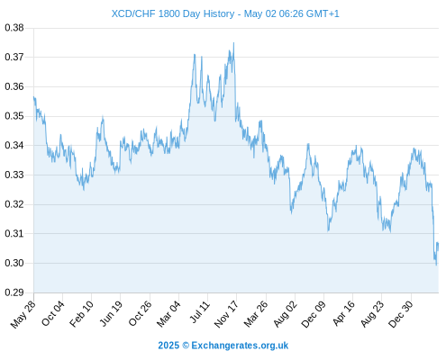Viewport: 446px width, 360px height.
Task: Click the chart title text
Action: (x=225, y=13)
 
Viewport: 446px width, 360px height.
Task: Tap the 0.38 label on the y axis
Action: (x=14, y=28)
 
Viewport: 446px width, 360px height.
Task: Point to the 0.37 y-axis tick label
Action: (x=14, y=57)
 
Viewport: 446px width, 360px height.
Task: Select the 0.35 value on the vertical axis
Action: (x=14, y=116)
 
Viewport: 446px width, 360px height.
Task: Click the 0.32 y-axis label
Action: (x=14, y=204)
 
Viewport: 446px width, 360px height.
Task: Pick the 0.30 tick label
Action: (x=14, y=263)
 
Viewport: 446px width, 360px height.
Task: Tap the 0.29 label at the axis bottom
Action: (x=14, y=292)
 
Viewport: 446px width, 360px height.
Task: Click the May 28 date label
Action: (x=23, y=314)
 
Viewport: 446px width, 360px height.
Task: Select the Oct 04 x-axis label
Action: (x=53, y=313)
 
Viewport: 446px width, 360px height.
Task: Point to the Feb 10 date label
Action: (x=81, y=314)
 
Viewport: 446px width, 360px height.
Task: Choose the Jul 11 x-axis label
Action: (x=199, y=312)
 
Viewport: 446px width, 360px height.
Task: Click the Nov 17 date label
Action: (x=226, y=314)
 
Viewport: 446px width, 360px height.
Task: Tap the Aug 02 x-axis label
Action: (x=286, y=314)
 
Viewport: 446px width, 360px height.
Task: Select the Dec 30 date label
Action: (x=401, y=314)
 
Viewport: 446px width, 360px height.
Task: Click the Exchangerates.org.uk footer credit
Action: (x=240, y=346)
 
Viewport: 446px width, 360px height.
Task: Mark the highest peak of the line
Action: (x=233, y=43)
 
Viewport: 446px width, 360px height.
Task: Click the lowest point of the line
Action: (x=436, y=265)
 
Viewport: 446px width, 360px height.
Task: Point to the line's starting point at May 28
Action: (x=33, y=97)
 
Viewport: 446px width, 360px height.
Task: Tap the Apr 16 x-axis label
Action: (x=344, y=313)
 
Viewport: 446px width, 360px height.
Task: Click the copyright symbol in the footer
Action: (x=186, y=346)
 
